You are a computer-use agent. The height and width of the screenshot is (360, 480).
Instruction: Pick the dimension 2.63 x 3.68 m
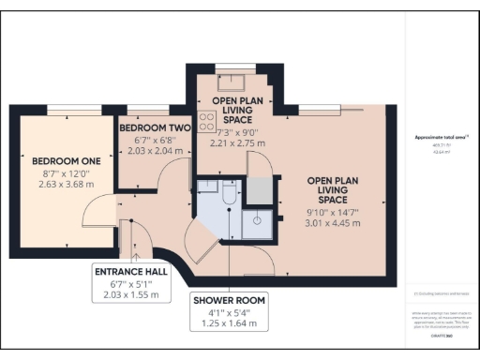60,185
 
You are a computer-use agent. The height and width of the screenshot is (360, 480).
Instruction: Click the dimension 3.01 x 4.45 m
328,224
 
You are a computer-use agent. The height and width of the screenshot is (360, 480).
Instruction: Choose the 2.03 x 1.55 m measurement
133,293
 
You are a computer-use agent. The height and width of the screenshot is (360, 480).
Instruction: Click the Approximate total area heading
442,139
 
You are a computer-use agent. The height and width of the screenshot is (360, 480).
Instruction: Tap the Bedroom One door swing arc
97,214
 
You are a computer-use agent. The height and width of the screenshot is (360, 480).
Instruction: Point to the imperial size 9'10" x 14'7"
328,212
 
